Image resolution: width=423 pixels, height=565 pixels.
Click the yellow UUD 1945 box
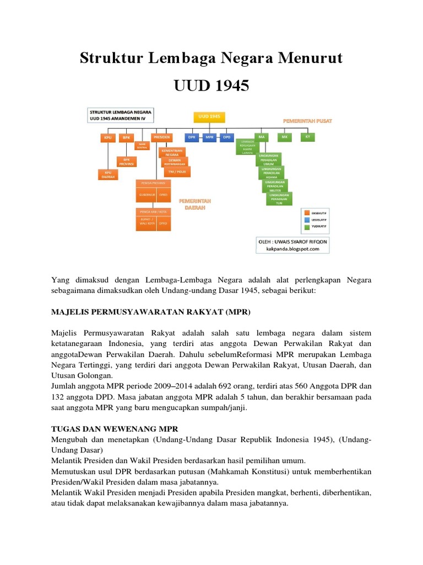tap(209, 117)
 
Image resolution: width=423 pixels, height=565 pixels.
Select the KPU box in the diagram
tap(107, 137)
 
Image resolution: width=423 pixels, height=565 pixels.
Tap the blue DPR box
tap(192, 137)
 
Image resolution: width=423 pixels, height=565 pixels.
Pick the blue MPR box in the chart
tap(209, 137)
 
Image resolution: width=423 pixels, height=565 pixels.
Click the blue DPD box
tap(226, 137)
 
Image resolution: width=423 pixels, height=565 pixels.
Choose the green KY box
tap(307, 136)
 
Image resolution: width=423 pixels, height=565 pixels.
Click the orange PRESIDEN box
tap(161, 137)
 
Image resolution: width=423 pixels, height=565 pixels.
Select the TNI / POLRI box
tap(175, 170)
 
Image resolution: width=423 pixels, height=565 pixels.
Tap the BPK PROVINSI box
tap(126, 162)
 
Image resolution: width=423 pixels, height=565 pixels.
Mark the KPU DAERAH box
tap(107, 174)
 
